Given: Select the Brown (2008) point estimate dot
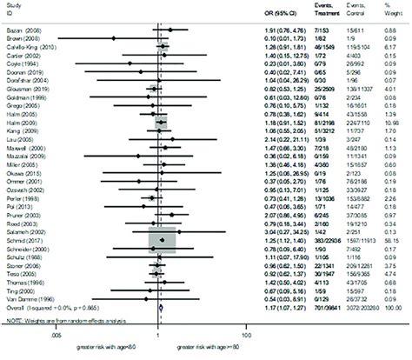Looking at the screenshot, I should (110, 38).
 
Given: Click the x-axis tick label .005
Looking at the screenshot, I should (80, 335).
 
